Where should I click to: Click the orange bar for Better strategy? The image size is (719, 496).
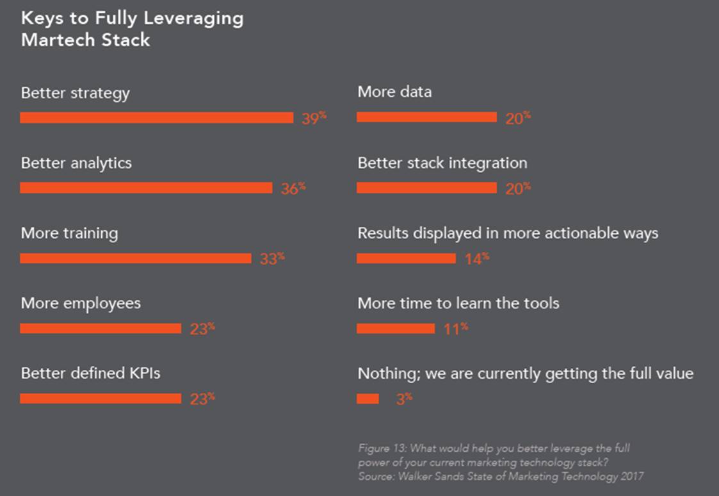coord(156,117)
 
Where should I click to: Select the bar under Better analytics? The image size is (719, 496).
coord(146,188)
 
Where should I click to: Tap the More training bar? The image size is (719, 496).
coord(135,258)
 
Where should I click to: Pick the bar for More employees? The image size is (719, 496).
coord(101,328)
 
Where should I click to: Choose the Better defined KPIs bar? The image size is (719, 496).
coord(101,399)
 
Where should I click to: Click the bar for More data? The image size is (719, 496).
coord(426,117)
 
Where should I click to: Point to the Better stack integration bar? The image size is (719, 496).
coord(426,188)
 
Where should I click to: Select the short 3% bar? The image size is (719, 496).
coord(368,399)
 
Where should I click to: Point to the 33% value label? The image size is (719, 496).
coord(272,259)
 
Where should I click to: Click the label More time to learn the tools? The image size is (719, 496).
coord(458,302)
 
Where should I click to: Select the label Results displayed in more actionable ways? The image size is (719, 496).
coord(508,233)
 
